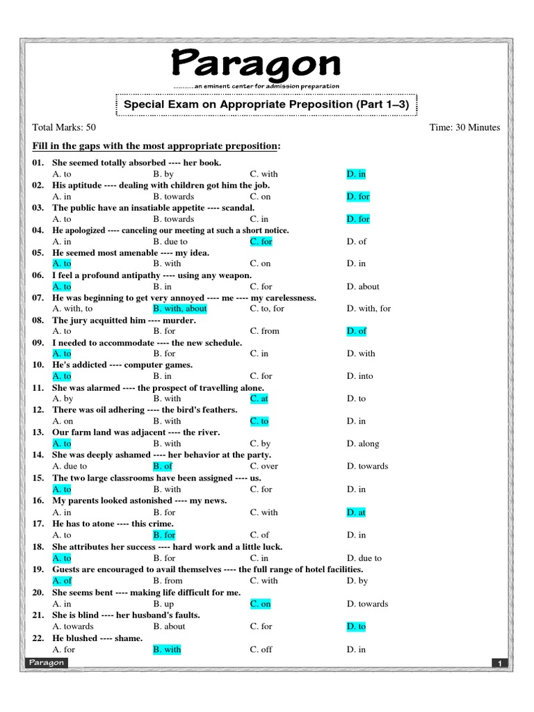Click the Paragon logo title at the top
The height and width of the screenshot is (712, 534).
(256, 64)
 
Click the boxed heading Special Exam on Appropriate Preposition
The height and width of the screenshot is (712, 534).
(266, 104)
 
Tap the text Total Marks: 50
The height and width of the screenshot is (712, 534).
(64, 127)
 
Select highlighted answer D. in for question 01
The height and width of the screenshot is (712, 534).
(356, 174)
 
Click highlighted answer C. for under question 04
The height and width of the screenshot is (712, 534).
(261, 241)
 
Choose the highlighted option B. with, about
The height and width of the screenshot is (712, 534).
(179, 309)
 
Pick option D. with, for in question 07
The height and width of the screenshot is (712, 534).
(369, 309)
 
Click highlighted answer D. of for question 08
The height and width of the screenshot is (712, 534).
(356, 331)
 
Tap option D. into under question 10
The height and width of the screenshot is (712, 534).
(359, 376)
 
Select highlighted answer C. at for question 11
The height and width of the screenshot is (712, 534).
(259, 398)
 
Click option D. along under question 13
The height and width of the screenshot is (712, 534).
(362, 444)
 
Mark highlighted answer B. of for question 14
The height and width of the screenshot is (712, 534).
(162, 466)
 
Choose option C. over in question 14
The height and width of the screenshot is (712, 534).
(264, 466)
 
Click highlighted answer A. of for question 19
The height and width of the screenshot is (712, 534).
(62, 581)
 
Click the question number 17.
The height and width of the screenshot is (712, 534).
(38, 524)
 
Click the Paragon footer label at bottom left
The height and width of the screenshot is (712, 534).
(47, 663)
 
